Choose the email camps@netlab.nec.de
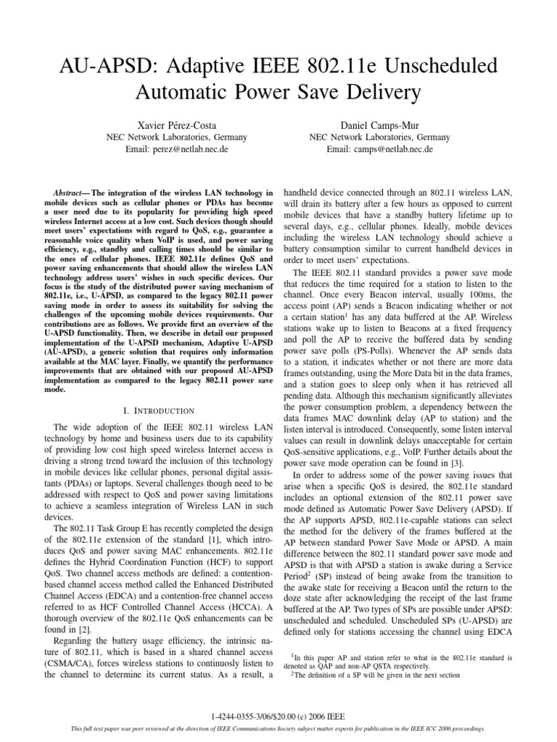coord(379,149)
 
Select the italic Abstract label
coord(66,193)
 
